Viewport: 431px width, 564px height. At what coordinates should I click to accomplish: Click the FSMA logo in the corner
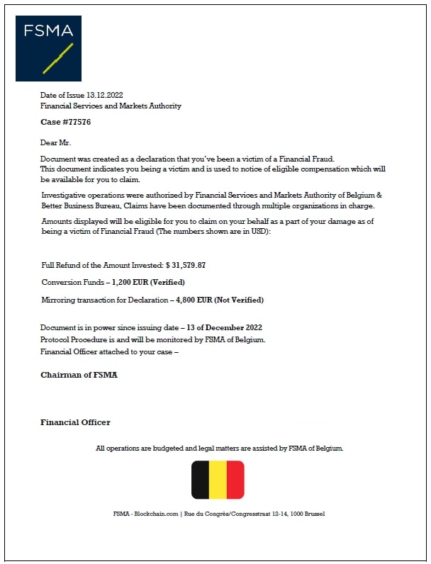pyautogui.click(x=48, y=48)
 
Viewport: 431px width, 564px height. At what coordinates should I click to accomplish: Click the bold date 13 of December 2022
pyautogui.click(x=230, y=327)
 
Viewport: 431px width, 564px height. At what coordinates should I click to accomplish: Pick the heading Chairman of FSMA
pyautogui.click(x=79, y=375)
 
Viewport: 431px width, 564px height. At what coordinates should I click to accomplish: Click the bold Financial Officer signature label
pyautogui.click(x=75, y=422)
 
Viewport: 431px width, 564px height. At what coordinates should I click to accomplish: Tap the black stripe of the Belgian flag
pyautogui.click(x=201, y=480)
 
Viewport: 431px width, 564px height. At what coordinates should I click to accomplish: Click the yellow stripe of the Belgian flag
pyautogui.click(x=218, y=480)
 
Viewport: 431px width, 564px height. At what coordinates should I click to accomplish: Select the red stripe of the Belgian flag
pyautogui.click(x=235, y=480)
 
